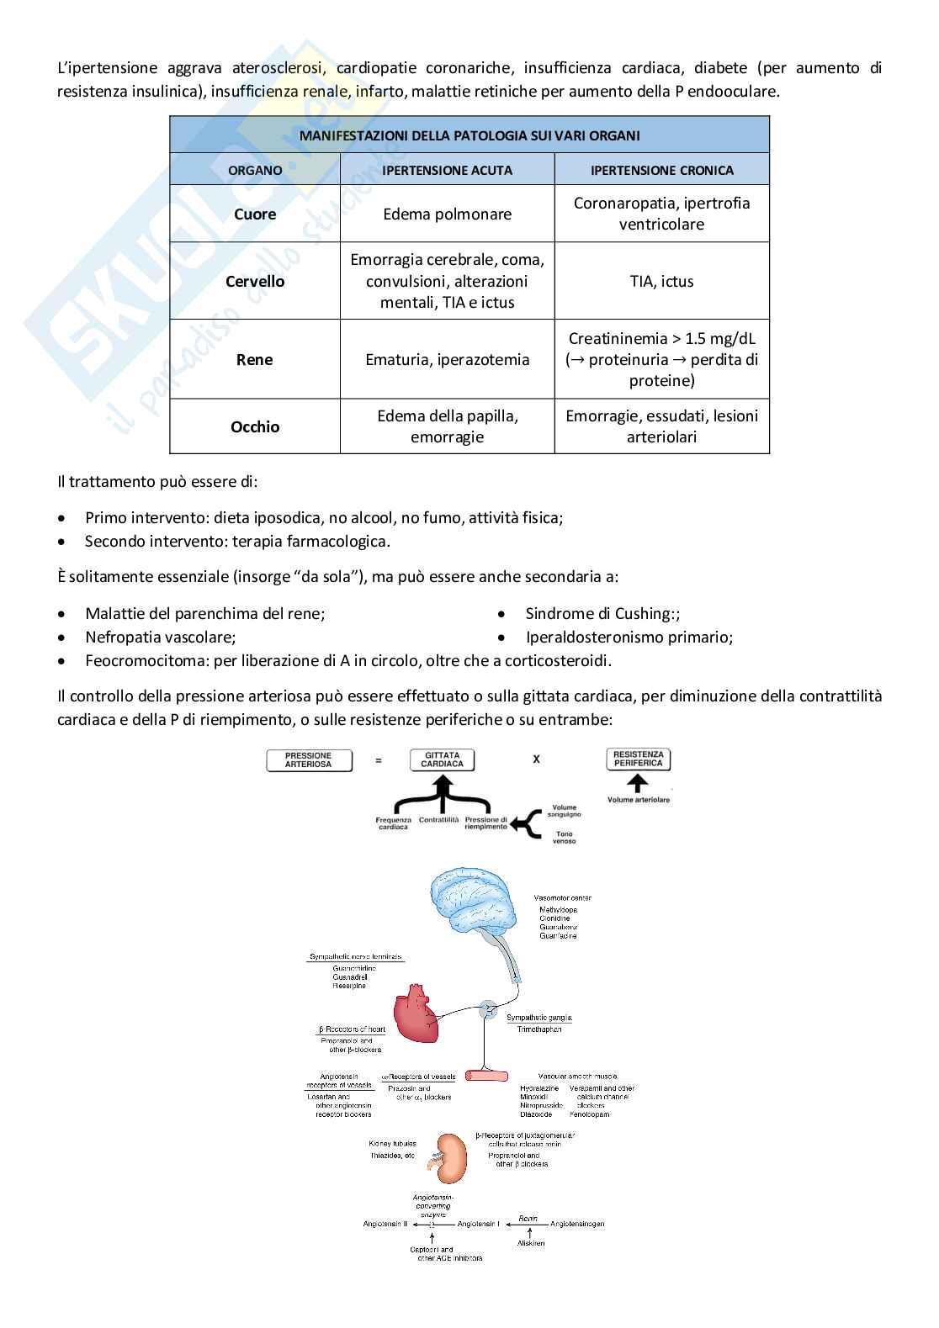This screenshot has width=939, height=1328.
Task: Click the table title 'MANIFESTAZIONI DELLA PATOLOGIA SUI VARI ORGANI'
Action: click(469, 135)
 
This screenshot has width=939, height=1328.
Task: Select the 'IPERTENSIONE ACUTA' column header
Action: click(447, 170)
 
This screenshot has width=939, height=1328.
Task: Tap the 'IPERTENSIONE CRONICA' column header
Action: click(661, 170)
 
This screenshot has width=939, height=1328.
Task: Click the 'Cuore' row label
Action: click(255, 214)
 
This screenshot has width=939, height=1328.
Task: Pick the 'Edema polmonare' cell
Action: click(447, 214)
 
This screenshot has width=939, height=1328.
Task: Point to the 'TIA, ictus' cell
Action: click(661, 282)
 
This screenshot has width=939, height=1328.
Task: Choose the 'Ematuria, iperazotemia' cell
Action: click(447, 360)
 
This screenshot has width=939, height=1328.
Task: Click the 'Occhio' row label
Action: click(255, 427)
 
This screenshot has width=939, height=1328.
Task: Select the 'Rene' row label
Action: click(255, 360)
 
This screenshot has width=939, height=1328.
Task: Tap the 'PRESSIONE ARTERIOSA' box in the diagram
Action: click(309, 760)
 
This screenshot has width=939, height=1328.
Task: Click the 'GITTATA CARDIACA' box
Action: click(442, 759)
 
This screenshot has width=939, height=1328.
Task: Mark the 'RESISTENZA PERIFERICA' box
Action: click(638, 759)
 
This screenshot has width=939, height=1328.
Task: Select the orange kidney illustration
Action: click(454, 1158)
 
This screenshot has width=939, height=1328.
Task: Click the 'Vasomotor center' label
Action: click(562, 898)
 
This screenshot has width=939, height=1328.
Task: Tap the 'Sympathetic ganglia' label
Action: click(538, 1018)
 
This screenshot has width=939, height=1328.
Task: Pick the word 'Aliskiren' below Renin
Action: click(531, 1243)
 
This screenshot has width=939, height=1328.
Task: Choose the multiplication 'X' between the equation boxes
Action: click(536, 759)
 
